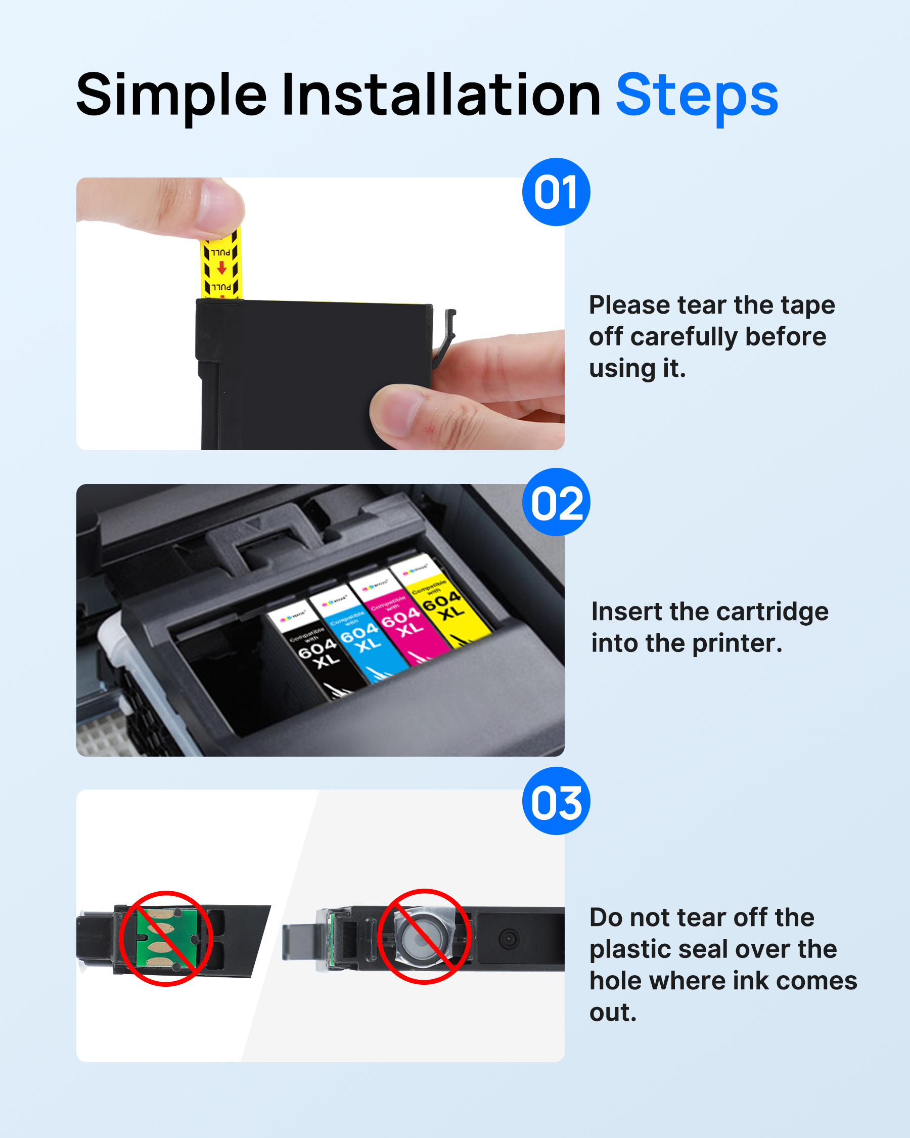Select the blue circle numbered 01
point(556,192)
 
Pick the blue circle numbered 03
point(556,801)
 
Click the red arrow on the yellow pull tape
point(222,268)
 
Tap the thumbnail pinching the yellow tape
point(219,208)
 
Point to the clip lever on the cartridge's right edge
point(446,335)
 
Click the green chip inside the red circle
point(167,938)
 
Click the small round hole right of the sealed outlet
point(509,939)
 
